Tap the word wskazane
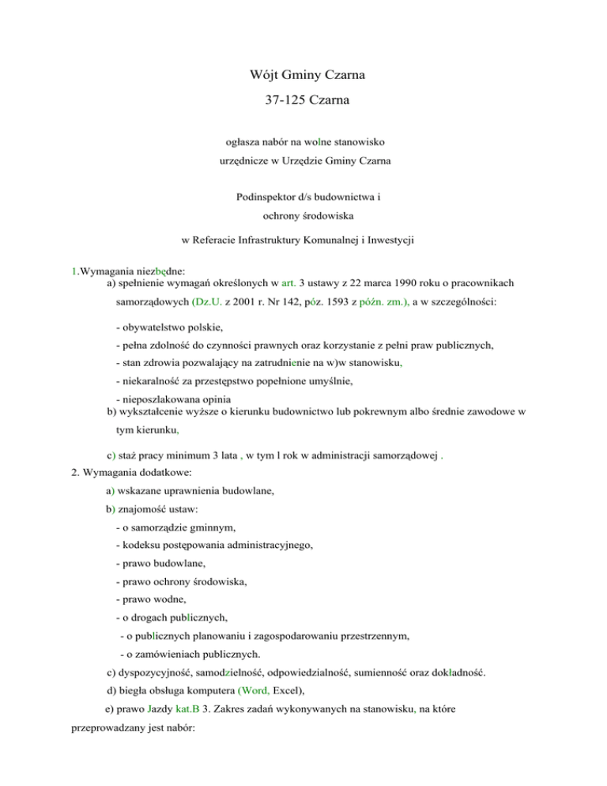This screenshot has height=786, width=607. point(143,492)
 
